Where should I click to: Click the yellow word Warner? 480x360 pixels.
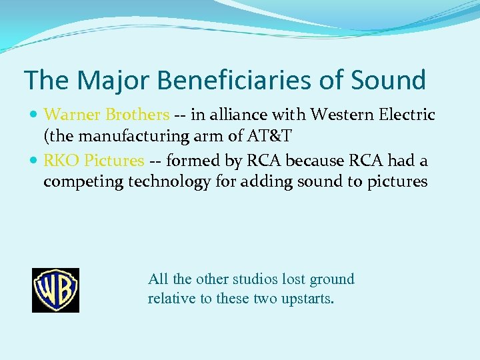tap(72, 115)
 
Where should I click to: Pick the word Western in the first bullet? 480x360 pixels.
tap(340, 115)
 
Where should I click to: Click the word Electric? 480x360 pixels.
tap(407, 115)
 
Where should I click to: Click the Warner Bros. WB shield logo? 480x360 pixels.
tap(55, 290)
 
